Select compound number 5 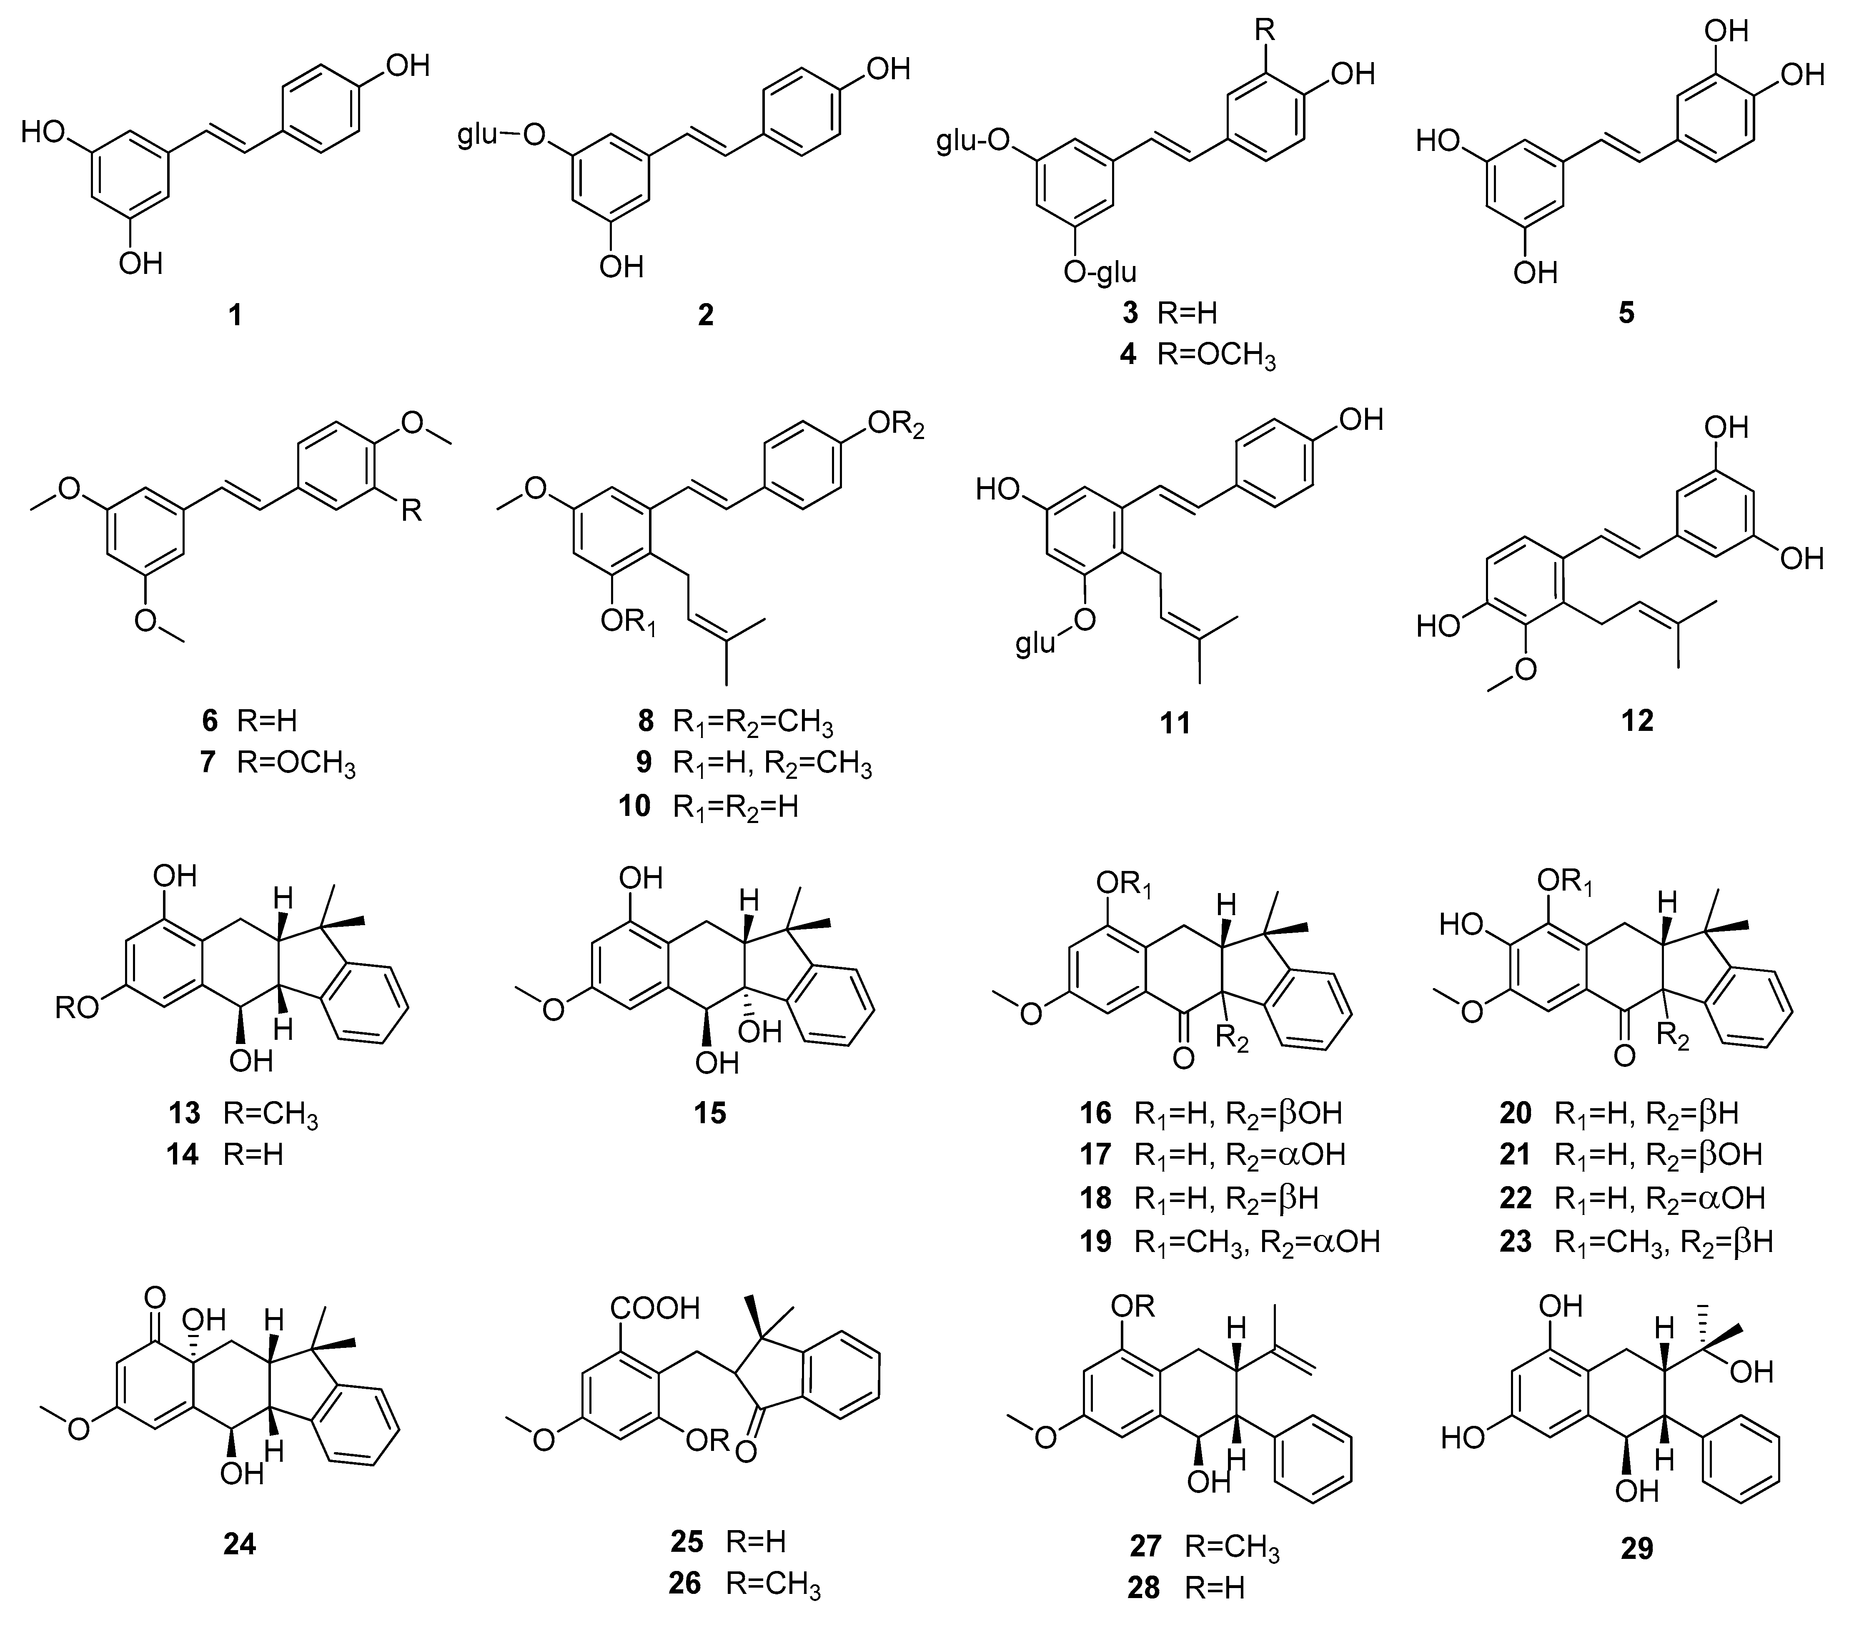1626,314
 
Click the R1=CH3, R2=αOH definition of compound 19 1256,1242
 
